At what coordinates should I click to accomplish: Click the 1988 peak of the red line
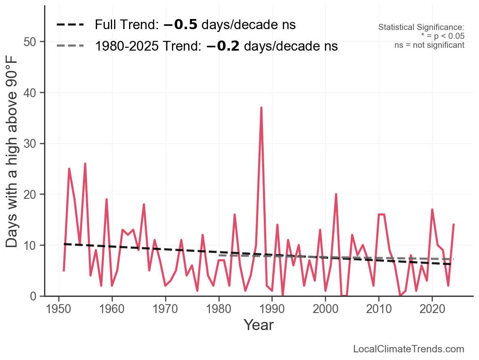[x=261, y=108]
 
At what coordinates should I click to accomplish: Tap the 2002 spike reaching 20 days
[x=336, y=195]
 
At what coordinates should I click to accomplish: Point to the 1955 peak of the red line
[x=85, y=164]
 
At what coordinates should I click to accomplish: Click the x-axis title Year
[x=259, y=325]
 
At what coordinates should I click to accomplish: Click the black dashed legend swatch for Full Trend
[x=70, y=25]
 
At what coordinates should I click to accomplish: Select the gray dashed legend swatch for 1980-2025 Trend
[x=70, y=46]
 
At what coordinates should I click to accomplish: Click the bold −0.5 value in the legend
[x=180, y=25]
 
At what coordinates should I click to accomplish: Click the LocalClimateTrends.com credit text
[x=409, y=349]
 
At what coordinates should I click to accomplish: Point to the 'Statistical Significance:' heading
[x=421, y=28]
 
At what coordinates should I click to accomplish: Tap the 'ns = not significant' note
[x=429, y=45]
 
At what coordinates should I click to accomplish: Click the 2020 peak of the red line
[x=432, y=210]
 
